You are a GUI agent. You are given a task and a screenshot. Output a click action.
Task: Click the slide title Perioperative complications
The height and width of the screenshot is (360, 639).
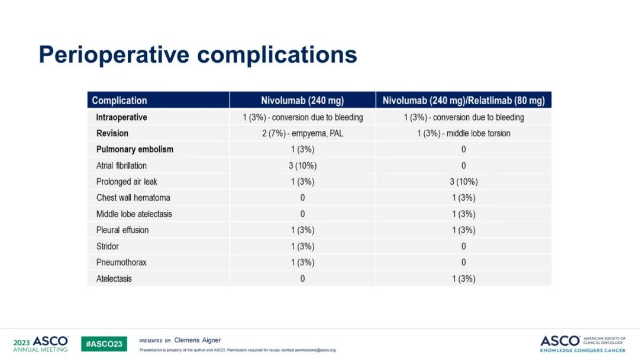point(198,55)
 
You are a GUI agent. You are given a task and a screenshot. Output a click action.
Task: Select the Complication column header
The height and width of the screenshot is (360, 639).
point(120,101)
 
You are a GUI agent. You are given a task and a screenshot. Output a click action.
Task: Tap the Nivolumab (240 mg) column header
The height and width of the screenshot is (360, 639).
point(302,101)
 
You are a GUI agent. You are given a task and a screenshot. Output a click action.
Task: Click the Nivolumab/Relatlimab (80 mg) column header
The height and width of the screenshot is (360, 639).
point(463,101)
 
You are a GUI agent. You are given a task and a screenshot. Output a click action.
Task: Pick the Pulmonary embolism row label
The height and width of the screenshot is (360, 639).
point(135,149)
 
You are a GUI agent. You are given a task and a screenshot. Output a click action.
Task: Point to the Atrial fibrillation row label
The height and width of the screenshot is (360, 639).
point(121,166)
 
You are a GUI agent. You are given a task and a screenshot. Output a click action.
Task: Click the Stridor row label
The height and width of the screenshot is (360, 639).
point(108,246)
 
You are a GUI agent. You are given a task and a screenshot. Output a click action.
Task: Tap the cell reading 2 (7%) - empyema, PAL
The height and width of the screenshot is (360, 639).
point(302,133)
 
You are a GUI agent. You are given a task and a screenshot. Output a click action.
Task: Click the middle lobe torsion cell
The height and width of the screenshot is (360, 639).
point(463,133)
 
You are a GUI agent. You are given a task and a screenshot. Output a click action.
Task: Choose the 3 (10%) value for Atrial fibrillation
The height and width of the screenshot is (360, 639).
point(302,166)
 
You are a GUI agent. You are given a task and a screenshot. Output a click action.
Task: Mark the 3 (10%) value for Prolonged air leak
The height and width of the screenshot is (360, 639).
point(463,182)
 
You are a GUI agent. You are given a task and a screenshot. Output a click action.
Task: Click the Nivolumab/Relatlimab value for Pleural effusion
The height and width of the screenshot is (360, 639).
point(463,230)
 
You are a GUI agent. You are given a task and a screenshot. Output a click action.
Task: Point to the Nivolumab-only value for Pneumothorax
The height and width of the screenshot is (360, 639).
point(302,262)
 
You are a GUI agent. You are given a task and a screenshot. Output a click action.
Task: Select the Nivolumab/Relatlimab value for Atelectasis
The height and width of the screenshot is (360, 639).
point(463,279)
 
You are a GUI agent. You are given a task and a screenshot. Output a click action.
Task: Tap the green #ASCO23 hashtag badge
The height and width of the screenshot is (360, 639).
point(104,344)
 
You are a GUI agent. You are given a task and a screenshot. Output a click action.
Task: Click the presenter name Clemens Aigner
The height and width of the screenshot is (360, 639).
point(198,340)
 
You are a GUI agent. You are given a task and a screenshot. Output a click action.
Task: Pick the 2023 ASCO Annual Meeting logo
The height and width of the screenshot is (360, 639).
point(40,344)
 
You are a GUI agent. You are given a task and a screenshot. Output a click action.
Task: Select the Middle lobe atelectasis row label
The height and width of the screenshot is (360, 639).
point(134,214)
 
